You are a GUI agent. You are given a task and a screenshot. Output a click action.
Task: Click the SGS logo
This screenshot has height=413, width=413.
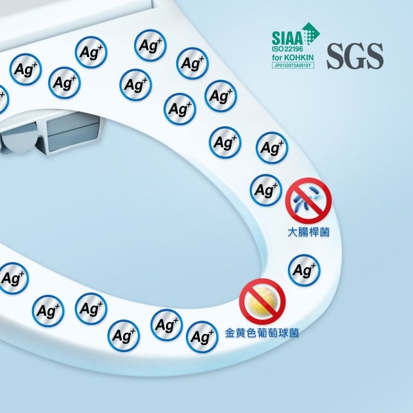coord(355,56)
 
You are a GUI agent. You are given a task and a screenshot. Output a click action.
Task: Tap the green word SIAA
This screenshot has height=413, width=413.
coord(287,38)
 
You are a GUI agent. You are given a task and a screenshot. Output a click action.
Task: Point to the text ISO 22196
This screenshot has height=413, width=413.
coord(287,49)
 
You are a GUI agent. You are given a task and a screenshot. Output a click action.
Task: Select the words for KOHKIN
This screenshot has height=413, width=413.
coord(292,58)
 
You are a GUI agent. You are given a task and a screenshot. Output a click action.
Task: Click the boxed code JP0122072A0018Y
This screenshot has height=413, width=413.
coord(293,65)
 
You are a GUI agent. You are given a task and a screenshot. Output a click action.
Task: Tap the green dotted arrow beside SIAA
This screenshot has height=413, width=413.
coord(311,34)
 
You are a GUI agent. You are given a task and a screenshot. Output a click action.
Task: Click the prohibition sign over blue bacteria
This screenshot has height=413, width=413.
coord(308,201)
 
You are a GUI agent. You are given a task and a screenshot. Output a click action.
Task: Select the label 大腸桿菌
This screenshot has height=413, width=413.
coord(308,233)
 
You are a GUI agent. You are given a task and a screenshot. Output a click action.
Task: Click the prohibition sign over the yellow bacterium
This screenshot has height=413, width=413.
coord(262,301)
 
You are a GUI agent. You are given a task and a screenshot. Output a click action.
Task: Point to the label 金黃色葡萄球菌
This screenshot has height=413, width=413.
coord(262,333)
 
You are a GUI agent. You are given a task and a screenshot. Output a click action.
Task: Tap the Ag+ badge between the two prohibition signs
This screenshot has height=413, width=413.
coord(304,270)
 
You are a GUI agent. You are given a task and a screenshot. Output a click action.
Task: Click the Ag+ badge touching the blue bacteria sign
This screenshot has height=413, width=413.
coord(266,190)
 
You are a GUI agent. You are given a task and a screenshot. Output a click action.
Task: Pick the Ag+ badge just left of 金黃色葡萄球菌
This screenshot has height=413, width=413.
coord(202,337)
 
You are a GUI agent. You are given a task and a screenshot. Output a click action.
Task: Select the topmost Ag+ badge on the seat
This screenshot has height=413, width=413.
coord(150,46)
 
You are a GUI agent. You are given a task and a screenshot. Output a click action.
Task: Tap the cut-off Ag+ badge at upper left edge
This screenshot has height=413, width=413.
coord(3,99)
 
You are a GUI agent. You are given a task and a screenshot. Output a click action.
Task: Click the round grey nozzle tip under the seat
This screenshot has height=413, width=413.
coord(19,138)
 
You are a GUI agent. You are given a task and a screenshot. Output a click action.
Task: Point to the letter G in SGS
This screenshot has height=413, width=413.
coord(355,56)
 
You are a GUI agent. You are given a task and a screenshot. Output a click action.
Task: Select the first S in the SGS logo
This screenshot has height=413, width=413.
coord(335,56)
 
